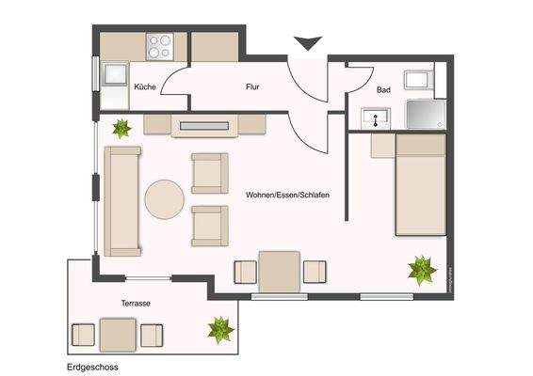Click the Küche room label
click(145, 86)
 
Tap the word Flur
click(252, 86)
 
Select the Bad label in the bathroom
click(383, 90)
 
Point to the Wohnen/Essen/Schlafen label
click(287, 195)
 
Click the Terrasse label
click(137, 305)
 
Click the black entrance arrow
click(308, 42)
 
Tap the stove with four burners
click(160, 45)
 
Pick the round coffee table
click(165, 199)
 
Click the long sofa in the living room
click(121, 200)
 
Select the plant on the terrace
click(221, 329)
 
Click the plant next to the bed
click(421, 271)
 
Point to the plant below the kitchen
click(121, 128)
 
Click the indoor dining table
click(280, 271)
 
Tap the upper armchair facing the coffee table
click(209, 172)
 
